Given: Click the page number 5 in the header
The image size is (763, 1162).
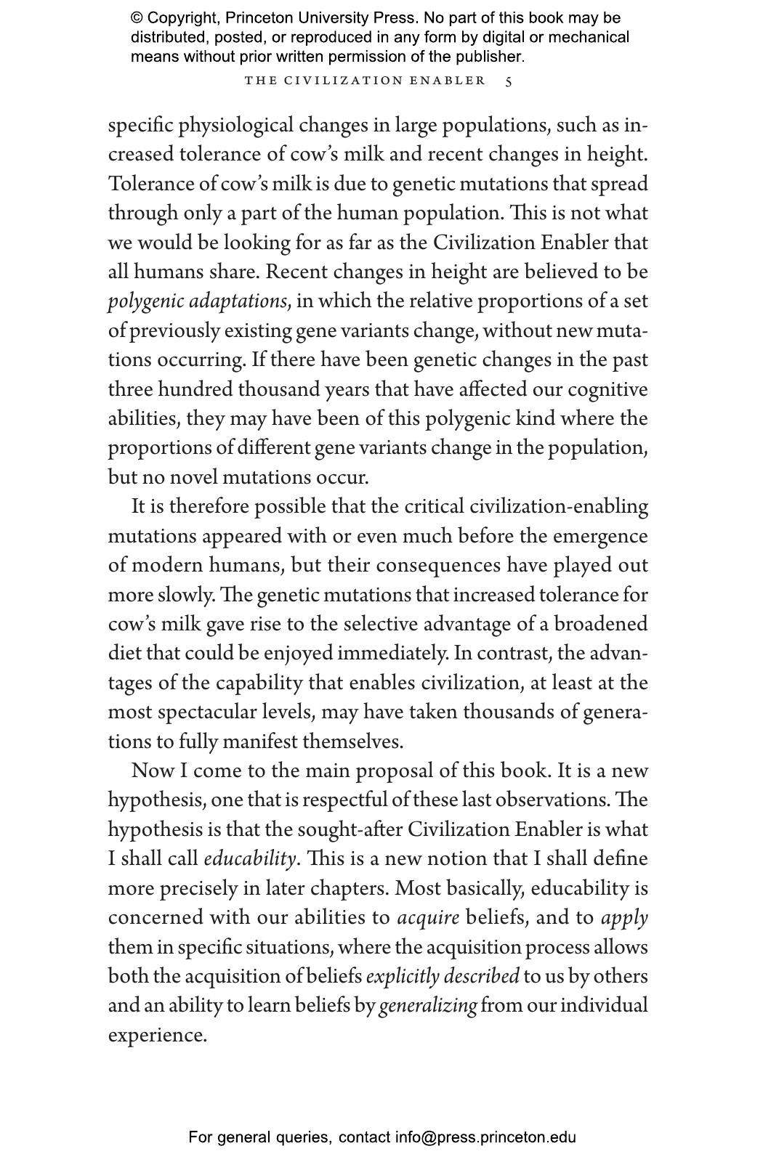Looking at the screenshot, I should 509,81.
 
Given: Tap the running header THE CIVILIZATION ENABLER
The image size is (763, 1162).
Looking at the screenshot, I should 365,81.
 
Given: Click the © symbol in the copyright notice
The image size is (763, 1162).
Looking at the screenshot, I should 137,18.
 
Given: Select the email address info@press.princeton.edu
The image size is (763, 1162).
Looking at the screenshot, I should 485,1137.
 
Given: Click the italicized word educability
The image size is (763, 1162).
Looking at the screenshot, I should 250,859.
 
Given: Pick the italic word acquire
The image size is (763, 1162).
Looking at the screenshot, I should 428,918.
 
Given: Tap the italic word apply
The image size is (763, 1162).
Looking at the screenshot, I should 624,918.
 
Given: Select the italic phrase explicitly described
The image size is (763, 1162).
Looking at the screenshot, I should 443,977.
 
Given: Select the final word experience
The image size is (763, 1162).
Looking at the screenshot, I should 157,1036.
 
